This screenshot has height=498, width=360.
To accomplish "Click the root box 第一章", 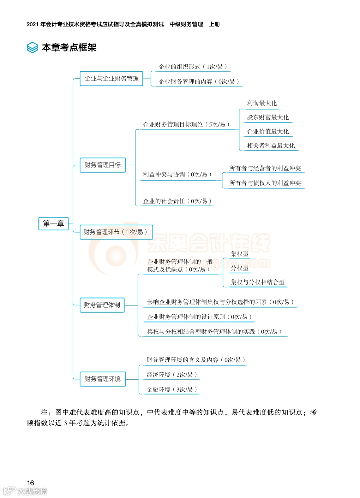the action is click(x=53, y=224).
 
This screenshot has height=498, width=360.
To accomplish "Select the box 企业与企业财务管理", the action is click(x=112, y=78).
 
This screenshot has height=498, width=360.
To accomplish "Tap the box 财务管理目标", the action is click(x=103, y=165).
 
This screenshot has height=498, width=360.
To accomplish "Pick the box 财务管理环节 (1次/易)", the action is click(x=116, y=232).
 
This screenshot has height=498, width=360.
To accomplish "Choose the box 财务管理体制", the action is click(x=102, y=305).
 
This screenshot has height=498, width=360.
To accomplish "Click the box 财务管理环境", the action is click(x=103, y=379).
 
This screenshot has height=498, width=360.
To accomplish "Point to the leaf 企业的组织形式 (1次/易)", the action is click(x=193, y=67).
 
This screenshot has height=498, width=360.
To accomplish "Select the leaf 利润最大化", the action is click(x=262, y=103).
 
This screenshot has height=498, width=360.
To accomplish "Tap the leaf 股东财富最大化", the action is click(x=268, y=117).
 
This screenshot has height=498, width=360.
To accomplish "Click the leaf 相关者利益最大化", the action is click(x=271, y=146).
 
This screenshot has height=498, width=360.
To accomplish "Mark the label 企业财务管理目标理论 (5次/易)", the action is click(x=186, y=124).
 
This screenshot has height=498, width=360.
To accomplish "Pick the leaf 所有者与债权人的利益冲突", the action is click(x=265, y=183).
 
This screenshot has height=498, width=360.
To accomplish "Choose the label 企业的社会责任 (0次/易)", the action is click(x=177, y=201).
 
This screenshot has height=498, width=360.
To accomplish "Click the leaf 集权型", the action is click(x=240, y=254).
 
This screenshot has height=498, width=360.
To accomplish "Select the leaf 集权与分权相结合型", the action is click(x=258, y=282).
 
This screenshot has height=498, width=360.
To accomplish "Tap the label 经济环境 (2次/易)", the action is click(x=172, y=375).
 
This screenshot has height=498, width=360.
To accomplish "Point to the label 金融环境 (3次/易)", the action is click(x=172, y=390).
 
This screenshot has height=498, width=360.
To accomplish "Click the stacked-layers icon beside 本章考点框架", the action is click(x=32, y=47).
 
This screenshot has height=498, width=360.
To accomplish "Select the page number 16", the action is click(x=31, y=483).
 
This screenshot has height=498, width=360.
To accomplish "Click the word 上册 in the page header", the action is click(x=214, y=24).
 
